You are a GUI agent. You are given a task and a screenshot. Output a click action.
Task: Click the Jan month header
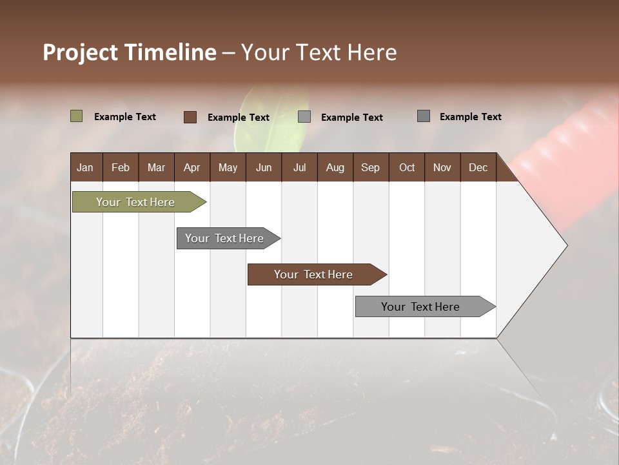[85, 167]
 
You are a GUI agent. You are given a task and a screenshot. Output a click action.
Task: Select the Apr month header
[192, 167]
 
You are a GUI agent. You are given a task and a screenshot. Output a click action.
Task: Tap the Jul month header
[299, 167]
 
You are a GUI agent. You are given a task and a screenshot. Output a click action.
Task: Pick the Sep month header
[370, 167]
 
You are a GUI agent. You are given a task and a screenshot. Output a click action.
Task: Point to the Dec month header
[478, 167]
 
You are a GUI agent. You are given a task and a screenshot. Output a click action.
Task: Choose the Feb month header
[121, 167]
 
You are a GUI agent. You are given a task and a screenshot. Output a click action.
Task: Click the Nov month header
[442, 167]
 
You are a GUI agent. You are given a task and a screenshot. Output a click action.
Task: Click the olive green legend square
[76, 116]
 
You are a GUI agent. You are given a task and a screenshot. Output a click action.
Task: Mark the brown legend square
[190, 117]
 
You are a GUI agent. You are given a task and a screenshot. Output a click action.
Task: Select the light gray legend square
[304, 116]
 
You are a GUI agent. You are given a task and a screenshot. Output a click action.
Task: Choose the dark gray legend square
[424, 116]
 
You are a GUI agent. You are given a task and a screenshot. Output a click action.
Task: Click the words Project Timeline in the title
[129, 52]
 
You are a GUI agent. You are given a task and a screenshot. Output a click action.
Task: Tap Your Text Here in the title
[319, 52]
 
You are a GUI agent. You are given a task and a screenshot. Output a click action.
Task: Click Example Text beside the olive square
[125, 117]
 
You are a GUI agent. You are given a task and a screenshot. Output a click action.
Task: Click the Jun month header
[264, 167]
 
